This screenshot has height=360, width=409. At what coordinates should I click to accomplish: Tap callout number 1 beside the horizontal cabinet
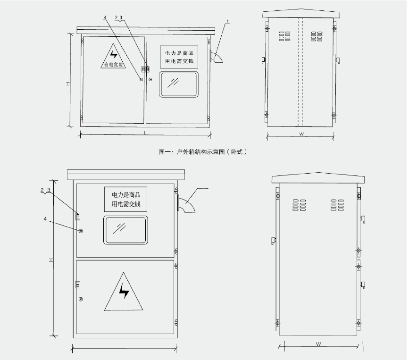point(228,21)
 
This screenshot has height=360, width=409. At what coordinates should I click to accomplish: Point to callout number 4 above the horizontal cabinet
point(105,18)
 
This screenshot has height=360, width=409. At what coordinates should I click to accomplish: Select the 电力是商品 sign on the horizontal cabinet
point(179,57)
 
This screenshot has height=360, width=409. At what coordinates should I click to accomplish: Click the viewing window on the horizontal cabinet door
point(179,84)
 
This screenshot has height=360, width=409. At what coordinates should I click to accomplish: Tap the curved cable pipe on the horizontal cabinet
point(216,57)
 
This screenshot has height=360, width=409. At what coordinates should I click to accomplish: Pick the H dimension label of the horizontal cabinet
point(68,84)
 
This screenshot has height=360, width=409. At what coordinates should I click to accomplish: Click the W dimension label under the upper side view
point(301,134)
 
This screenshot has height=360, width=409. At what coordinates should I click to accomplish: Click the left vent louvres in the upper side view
point(284,36)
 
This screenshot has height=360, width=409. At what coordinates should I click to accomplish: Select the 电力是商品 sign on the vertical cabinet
point(126,199)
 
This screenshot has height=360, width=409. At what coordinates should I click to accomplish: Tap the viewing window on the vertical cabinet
point(125,230)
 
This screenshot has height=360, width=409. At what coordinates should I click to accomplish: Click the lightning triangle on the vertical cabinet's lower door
point(124,292)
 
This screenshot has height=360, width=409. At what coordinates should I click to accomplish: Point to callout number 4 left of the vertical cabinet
point(45,218)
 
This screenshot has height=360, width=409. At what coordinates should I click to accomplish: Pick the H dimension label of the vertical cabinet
point(51,260)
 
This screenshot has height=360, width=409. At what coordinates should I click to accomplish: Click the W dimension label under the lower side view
point(318,344)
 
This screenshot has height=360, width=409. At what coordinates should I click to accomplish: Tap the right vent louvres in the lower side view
point(337,205)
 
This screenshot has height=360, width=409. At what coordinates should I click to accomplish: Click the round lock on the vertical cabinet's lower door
point(81,299)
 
